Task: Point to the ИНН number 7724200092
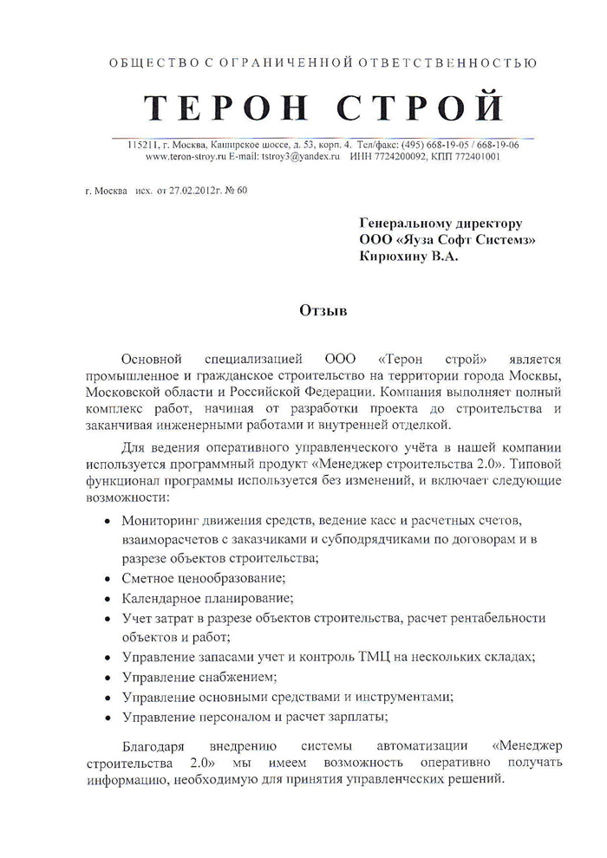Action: pos(401,157)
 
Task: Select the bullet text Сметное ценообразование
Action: pos(205,578)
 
